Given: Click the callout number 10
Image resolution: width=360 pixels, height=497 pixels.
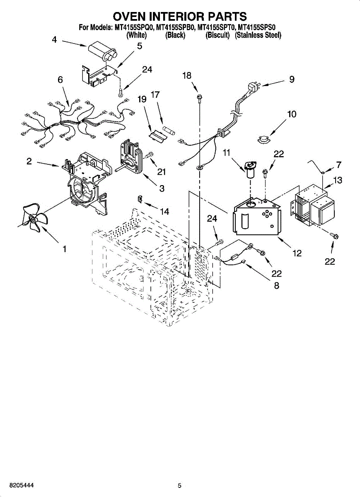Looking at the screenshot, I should (x=292, y=114).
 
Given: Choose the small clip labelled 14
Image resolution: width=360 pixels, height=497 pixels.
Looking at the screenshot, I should (x=140, y=199).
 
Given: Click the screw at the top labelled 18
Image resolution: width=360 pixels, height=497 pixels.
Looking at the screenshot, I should (x=199, y=97).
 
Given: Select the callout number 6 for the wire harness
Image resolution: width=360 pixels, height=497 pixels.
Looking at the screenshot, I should (x=60, y=80).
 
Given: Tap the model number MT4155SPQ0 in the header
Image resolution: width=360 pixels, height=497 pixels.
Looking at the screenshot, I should (x=133, y=28).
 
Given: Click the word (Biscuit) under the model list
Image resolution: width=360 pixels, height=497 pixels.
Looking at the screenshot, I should (x=217, y=35).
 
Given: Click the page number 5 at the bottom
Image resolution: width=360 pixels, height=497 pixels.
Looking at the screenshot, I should (x=179, y=485).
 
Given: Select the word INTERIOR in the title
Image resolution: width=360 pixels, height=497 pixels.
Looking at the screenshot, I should (x=180, y=16).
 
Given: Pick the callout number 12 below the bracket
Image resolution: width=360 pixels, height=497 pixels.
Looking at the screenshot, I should (x=297, y=253).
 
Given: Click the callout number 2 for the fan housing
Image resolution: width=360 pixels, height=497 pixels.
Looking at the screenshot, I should (x=29, y=161).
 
